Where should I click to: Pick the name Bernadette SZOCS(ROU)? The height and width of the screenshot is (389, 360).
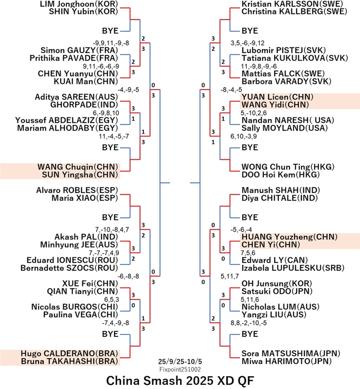[x=70, y=268]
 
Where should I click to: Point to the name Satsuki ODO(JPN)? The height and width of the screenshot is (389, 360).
[x=270, y=291]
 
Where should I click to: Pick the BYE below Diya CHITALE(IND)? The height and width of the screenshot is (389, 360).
[x=249, y=217]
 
